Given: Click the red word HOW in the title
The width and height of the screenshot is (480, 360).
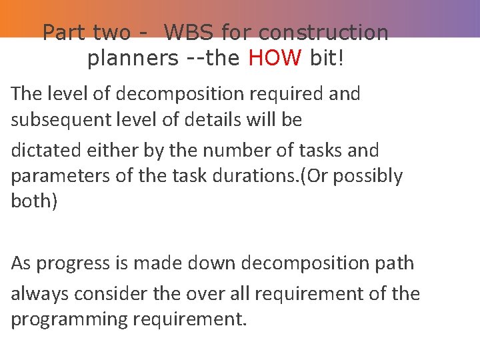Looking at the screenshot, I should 275,58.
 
